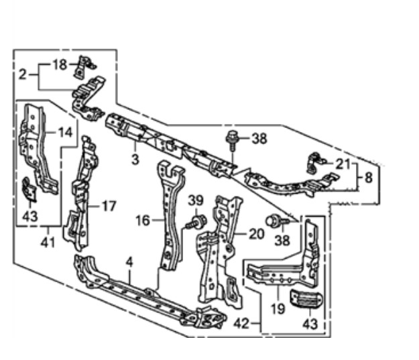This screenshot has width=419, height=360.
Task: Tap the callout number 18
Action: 60,64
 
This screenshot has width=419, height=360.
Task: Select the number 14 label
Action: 66,132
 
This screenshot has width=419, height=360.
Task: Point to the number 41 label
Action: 48,243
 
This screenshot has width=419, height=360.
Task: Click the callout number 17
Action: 109,206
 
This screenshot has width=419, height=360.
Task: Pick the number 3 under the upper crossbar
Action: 135,160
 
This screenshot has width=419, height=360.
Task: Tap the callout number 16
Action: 143,221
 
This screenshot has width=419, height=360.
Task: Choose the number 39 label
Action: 196,200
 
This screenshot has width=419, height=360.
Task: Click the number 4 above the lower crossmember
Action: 129,262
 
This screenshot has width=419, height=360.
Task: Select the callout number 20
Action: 257,234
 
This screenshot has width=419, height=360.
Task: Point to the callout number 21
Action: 343,164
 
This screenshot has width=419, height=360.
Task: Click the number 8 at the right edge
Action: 369,177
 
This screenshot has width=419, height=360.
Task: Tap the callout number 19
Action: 278,309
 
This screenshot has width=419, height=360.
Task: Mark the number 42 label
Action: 241,324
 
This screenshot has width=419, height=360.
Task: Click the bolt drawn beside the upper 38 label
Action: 232,140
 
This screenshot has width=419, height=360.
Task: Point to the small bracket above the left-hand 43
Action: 29,189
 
